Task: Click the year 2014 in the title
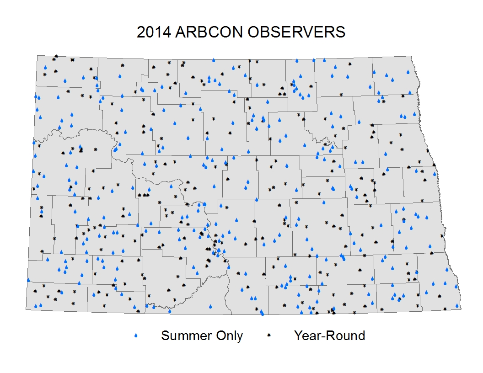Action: click(154, 32)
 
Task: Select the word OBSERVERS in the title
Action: click(296, 32)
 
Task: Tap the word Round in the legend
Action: click(346, 336)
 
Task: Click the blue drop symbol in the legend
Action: click(136, 336)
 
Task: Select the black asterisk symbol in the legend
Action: click(268, 336)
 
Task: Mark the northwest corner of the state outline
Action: click(37, 56)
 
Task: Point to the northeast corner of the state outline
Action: click(412, 56)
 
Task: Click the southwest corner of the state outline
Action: click(26, 309)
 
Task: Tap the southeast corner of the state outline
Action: click(461, 309)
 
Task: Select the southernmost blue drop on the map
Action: click(262, 314)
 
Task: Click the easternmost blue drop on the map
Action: click(457, 306)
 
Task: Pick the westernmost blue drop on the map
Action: click(28, 280)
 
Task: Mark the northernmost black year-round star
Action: click(56, 56)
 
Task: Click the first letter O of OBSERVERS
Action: click(253, 32)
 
